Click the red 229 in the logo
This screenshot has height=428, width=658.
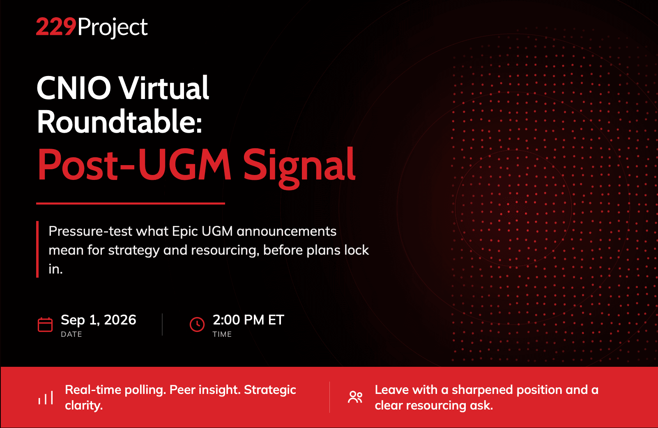(56, 27)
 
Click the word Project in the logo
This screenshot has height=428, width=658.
(113, 28)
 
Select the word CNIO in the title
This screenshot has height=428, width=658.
(74, 87)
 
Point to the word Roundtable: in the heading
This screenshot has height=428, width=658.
(120, 121)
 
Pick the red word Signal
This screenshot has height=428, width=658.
(299, 168)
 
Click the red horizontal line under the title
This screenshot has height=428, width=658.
(131, 203)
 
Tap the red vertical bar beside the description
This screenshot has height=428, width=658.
(37, 249)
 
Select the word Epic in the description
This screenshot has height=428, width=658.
(185, 232)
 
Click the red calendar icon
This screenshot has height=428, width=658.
(45, 324)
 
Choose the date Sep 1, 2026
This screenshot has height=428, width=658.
(99, 320)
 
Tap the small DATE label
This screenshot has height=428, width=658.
(71, 334)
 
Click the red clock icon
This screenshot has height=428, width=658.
(197, 324)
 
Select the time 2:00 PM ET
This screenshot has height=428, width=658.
(248, 320)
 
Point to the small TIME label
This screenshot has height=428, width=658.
(222, 334)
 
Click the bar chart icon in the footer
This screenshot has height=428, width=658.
(46, 398)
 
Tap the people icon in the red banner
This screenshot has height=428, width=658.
(355, 397)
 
